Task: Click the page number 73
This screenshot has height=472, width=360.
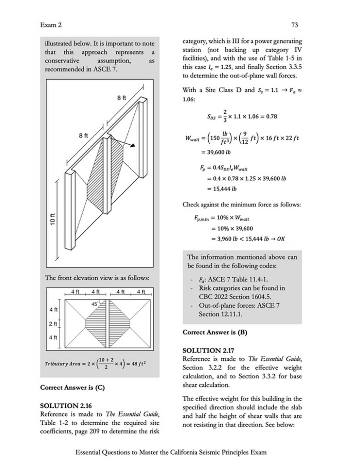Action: pyautogui.click(x=295, y=25)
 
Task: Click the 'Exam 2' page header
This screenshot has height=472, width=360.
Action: pyautogui.click(x=51, y=25)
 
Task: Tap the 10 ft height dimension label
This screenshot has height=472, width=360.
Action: pyautogui.click(x=52, y=219)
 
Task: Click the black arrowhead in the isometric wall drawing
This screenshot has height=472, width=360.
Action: pyautogui.click(x=133, y=146)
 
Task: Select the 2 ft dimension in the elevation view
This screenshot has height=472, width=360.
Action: pyautogui.click(x=53, y=324)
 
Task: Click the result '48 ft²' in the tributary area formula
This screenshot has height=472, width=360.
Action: pyautogui.click(x=139, y=363)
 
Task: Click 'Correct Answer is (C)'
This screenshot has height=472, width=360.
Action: pyautogui.click(x=72, y=387)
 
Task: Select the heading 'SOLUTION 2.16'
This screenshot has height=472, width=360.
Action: pyautogui.click(x=66, y=406)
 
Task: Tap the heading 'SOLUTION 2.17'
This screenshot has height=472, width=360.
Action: pyautogui.click(x=208, y=351)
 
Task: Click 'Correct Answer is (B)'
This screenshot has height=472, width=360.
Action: pyautogui.click(x=215, y=332)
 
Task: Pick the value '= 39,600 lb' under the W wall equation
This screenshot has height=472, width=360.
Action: pyautogui.click(x=216, y=152)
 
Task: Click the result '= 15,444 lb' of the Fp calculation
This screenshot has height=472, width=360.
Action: pyautogui.click(x=222, y=189)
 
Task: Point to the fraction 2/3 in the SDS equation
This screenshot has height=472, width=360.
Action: pyautogui.click(x=225, y=116)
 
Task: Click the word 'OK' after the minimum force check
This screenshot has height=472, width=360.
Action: pyautogui.click(x=281, y=239)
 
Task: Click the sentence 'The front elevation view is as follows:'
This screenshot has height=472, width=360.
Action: pyautogui.click(x=97, y=278)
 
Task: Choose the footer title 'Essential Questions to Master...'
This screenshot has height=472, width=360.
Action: pyautogui.click(x=171, y=452)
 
